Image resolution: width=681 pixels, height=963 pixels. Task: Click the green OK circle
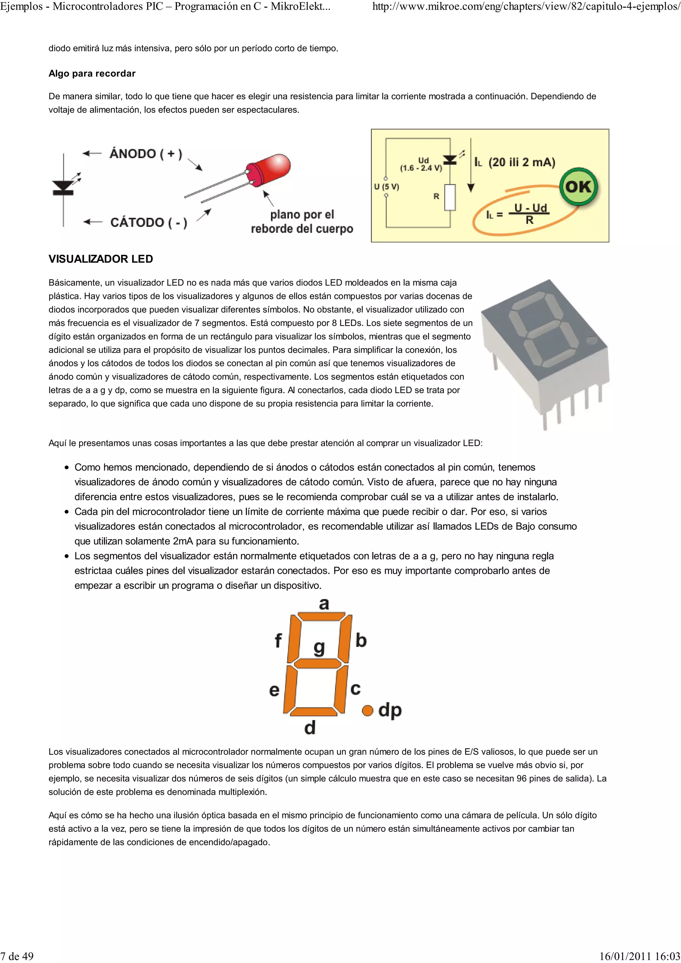[x=579, y=187]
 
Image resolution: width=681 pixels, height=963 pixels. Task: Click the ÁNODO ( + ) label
[x=146, y=154]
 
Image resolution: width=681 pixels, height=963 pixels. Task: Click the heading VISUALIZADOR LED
[x=101, y=259]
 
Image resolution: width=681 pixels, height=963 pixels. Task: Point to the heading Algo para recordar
[x=92, y=73]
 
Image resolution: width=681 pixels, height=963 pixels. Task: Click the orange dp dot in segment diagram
[x=367, y=710]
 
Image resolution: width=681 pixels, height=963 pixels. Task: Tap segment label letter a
[x=324, y=604]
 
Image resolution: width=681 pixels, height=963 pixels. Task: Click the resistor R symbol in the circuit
[x=450, y=197]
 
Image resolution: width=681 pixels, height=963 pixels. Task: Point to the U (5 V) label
[x=386, y=187]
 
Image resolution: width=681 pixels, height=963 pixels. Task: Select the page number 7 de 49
[x=17, y=956]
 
